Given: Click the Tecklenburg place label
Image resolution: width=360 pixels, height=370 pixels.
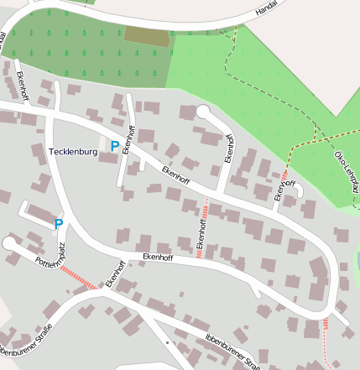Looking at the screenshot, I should coord(74,152).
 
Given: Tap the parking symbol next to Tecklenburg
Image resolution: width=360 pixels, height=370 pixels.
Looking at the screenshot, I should coord(115,146).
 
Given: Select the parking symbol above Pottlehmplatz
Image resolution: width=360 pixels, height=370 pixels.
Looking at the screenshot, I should coord(59,224).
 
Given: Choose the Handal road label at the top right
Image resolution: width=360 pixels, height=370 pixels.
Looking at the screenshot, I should coord(266,9).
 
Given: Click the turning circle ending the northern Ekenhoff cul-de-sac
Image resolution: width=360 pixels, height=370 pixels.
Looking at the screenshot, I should coord(203,112).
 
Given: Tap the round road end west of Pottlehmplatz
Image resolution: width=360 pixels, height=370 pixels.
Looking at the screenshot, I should coord(9,242).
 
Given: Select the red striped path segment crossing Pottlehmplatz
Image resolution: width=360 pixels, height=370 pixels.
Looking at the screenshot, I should coord(76,278).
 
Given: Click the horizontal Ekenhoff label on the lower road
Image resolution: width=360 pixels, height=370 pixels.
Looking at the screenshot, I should coord(158,257).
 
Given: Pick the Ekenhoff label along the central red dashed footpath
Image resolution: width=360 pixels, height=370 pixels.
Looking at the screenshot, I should coord(201,229).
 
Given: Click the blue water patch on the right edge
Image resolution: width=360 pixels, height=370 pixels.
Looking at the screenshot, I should coord(357,262).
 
